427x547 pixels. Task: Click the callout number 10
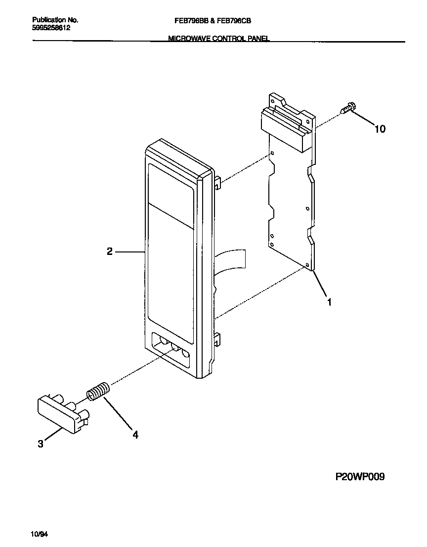pyautogui.click(x=380, y=129)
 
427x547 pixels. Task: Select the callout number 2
pyautogui.click(x=110, y=251)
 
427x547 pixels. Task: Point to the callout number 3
pyautogui.click(x=41, y=444)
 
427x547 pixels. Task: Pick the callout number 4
pyautogui.click(x=135, y=435)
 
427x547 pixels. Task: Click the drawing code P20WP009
pyautogui.click(x=360, y=477)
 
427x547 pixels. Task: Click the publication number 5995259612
pyautogui.click(x=51, y=28)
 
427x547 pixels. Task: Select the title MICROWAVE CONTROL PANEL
pyautogui.click(x=219, y=38)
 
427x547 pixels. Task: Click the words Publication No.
pyautogui.click(x=55, y=20)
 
